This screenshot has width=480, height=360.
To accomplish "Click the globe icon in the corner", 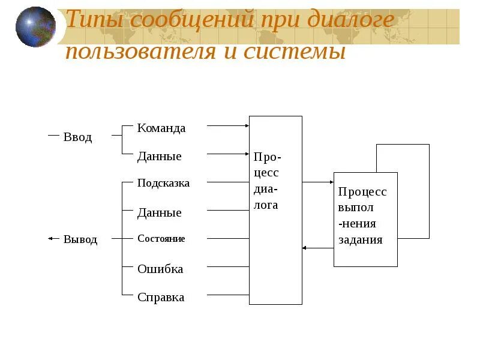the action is tap(35, 26).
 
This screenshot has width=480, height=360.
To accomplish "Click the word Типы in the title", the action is tap(91, 20).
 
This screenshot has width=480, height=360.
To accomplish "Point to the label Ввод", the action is tap(78, 137).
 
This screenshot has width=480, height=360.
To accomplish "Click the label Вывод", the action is tap(80, 239).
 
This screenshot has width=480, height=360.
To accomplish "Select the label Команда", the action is tap(161, 128).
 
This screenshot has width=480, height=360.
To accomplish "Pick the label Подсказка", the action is tap(163, 183).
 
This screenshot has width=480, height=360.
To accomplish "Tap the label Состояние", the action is tap(161, 239).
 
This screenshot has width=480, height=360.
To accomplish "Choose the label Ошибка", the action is tap(160, 269).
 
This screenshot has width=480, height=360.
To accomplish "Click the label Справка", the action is tap(161, 297).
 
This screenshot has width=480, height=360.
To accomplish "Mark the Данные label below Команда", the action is tap(159, 157).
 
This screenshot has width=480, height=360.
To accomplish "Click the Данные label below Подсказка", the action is tap(159, 213).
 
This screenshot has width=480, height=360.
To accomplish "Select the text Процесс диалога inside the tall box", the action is tap(267, 181).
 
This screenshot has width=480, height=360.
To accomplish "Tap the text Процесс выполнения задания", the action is tap(362, 216).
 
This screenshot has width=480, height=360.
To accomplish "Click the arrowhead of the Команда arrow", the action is tap(247, 126).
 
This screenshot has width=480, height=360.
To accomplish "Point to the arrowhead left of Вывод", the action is tap(50, 238).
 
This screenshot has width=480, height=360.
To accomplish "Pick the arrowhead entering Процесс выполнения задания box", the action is tap(331, 182).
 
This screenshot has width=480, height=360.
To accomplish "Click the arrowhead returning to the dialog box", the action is tap(305, 247).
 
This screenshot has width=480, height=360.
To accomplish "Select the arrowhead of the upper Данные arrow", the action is tap(247, 154).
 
